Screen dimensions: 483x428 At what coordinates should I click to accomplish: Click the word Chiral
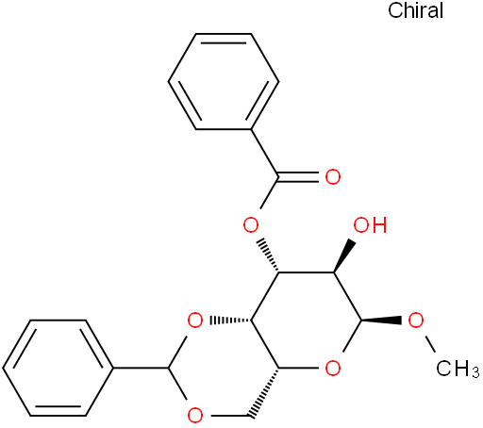pyautogui.click(x=415, y=10)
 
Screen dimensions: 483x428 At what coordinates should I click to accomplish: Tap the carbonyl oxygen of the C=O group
pyautogui.click(x=333, y=177)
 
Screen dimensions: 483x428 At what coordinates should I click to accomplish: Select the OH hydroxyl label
pyautogui.click(x=370, y=225)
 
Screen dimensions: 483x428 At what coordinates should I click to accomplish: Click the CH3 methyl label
pyautogui.click(x=458, y=369)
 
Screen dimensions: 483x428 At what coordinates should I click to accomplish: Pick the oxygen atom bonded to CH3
pyautogui.click(x=416, y=321)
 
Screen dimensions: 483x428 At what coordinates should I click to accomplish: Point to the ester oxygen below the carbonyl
pyautogui.click(x=251, y=225)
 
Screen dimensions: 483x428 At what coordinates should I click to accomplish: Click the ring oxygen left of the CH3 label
pyautogui.click(x=333, y=369)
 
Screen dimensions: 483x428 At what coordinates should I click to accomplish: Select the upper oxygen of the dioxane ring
pyautogui.click(x=195, y=321)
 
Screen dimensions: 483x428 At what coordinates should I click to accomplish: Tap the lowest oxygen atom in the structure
pyautogui.click(x=195, y=416)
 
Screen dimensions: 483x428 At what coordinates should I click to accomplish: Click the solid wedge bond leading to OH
pyautogui.click(x=345, y=256)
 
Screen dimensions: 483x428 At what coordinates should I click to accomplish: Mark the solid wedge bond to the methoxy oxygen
pyautogui.click(x=381, y=321)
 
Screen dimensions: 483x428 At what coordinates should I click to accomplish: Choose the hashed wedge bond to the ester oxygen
pyautogui.click(x=267, y=256)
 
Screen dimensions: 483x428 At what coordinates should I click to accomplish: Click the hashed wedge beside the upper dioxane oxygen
pyautogui.click(x=230, y=321)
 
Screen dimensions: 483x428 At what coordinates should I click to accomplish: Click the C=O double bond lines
pyautogui.click(x=298, y=177)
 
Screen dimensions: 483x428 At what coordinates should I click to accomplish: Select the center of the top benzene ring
pyautogui.click(x=224, y=81)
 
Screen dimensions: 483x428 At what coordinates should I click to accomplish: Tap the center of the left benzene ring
pyautogui.click(x=58, y=368)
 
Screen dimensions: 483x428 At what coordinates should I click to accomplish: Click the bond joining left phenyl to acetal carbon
pyautogui.click(x=142, y=368)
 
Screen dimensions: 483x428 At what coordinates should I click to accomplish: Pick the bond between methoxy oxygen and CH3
pyautogui.click(x=430, y=344)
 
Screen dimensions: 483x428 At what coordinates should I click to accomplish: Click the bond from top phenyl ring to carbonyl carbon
pyautogui.click(x=264, y=153)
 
